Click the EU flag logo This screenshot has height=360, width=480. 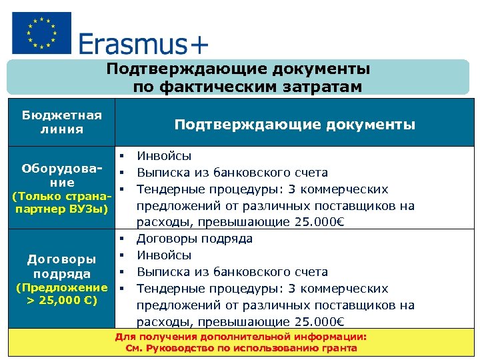point(41,32)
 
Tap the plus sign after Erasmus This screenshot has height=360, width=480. point(199,45)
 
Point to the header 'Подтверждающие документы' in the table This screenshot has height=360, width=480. point(294,125)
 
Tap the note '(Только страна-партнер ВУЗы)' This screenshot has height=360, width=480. point(61,204)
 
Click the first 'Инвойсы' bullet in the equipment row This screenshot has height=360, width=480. point(164,156)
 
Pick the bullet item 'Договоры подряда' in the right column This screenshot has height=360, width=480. point(194,239)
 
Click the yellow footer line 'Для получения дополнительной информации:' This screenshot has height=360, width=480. point(241,337)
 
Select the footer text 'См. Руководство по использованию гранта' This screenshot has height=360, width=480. point(241,348)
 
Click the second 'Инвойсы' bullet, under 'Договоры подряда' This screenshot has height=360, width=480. point(164,255)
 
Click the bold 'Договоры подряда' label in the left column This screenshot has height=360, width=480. point(61,266)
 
